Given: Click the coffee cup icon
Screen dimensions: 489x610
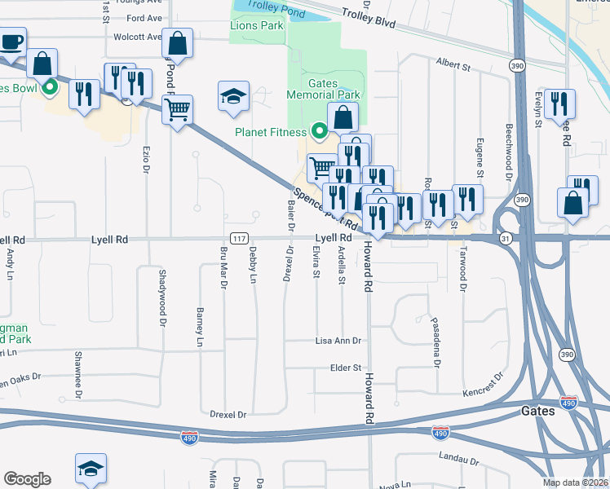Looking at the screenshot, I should pyautogui.click(x=11, y=42).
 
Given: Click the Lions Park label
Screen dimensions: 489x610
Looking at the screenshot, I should pyautogui.click(x=256, y=26).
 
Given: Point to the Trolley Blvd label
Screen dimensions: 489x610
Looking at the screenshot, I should pyautogui.click(x=368, y=19).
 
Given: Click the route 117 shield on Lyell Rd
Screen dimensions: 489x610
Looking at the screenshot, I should pyautogui.click(x=239, y=239).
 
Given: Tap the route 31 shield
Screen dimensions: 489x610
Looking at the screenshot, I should pyautogui.click(x=506, y=238).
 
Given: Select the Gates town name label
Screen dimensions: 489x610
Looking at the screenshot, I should pyautogui.click(x=538, y=412).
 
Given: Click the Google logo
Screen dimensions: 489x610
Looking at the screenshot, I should pyautogui.click(x=27, y=479).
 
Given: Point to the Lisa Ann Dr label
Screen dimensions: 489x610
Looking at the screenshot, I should pyautogui.click(x=338, y=341).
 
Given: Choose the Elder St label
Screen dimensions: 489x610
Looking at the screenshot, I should pyautogui.click(x=345, y=368).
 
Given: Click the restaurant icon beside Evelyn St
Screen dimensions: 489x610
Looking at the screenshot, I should pyautogui.click(x=559, y=104).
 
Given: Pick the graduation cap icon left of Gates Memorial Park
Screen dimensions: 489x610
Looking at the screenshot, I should pyautogui.click(x=233, y=95).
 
